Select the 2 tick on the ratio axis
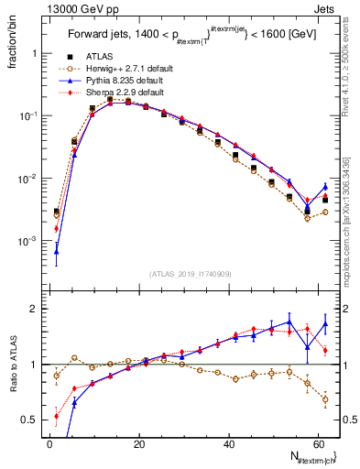[37, 309]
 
